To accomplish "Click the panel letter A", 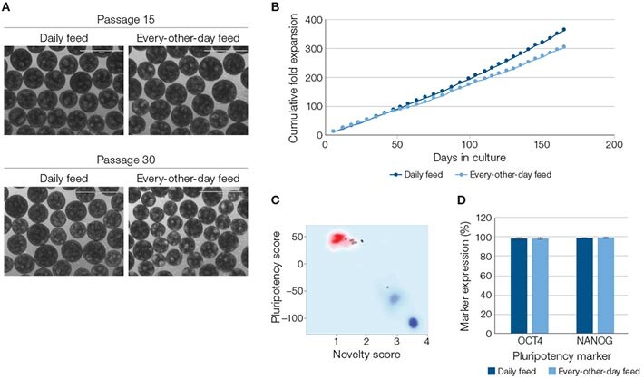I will click(x=7, y=7).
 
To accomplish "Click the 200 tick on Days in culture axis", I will click(x=614, y=144).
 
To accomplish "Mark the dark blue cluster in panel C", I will click(x=413, y=323).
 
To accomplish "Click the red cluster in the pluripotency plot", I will click(x=339, y=239).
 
